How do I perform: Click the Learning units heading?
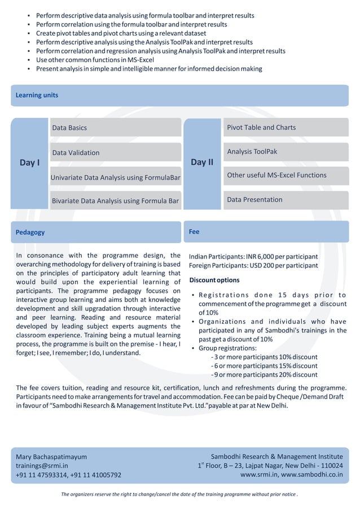click(37, 95)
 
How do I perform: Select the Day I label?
click(30, 163)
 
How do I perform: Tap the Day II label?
click(202, 162)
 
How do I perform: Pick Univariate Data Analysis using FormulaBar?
click(115, 177)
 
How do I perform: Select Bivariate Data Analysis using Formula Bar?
click(115, 200)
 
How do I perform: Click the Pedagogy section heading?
click(30, 232)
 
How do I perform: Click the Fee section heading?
click(194, 231)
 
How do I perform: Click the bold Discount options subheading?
click(214, 280)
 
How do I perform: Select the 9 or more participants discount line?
click(264, 375)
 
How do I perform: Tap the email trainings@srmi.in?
click(42, 466)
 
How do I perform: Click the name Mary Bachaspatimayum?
click(51, 457)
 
